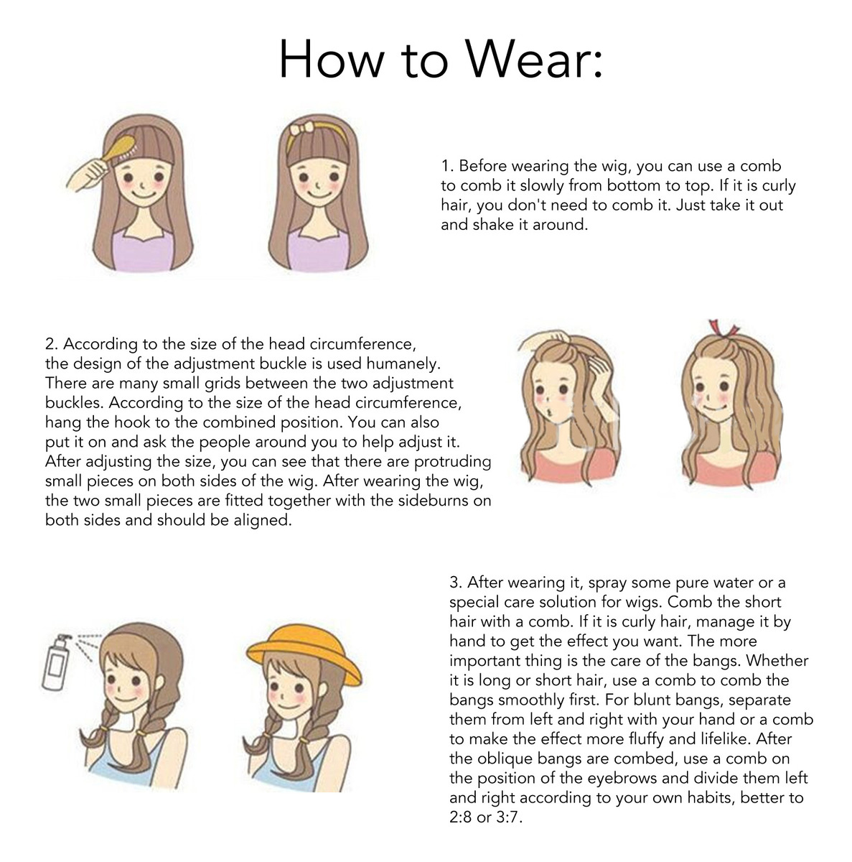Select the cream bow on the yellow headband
[301, 130]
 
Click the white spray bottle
[56, 662]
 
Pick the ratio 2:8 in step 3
[460, 817]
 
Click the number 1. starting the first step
[447, 166]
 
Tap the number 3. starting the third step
[456, 583]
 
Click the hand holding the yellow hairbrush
[91, 174]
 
